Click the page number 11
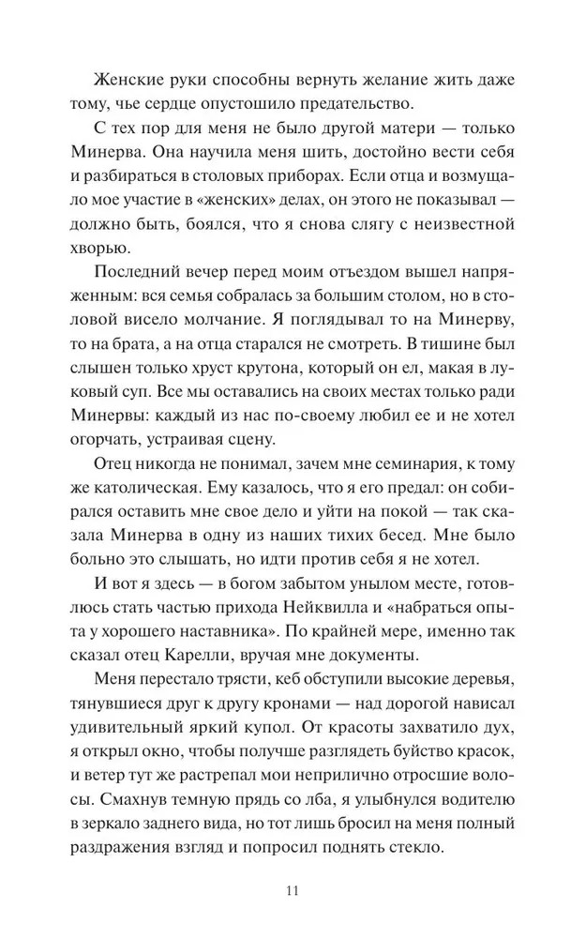(293, 889)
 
